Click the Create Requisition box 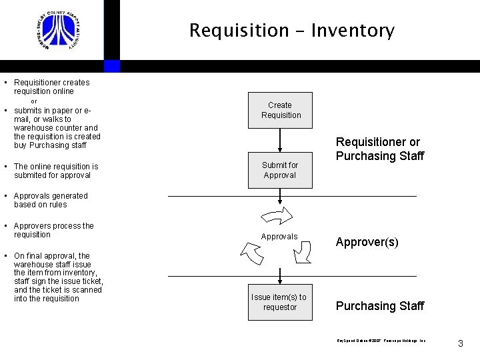280,110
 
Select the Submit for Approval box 280,170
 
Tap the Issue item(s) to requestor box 280,302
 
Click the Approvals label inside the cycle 279,237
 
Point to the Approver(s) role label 367,242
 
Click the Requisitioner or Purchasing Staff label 379,149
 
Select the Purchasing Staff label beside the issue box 379,306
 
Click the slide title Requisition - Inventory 291,31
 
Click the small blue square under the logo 112,66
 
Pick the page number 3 460,343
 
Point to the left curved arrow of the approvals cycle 251,253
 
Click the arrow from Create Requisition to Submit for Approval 280,140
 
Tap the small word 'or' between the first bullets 35,101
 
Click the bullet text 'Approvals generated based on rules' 51,200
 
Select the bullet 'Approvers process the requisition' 53,230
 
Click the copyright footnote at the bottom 381,341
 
